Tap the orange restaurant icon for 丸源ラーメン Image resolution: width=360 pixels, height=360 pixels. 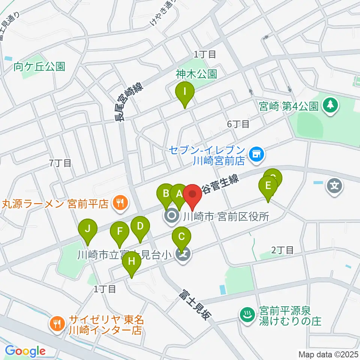[120, 204]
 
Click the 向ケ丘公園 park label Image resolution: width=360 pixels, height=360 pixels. [39, 67]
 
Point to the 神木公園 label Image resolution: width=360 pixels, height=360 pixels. [196, 74]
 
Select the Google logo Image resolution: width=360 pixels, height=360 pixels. [25, 351]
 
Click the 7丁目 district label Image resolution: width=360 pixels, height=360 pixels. [60, 163]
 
